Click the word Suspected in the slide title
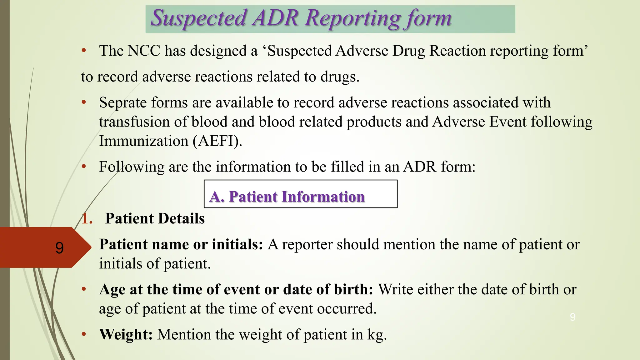pyautogui.click(x=199, y=18)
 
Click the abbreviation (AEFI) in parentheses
pyautogui.click(x=217, y=141)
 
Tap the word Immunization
pyautogui.click(x=143, y=141)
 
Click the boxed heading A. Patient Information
pyautogui.click(x=287, y=197)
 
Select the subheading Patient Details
pyautogui.click(x=155, y=218)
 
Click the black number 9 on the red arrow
pyautogui.click(x=59, y=248)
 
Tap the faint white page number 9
pyautogui.click(x=572, y=317)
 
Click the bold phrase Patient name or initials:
pyautogui.click(x=181, y=245)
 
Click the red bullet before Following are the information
pyautogui.click(x=83, y=167)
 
